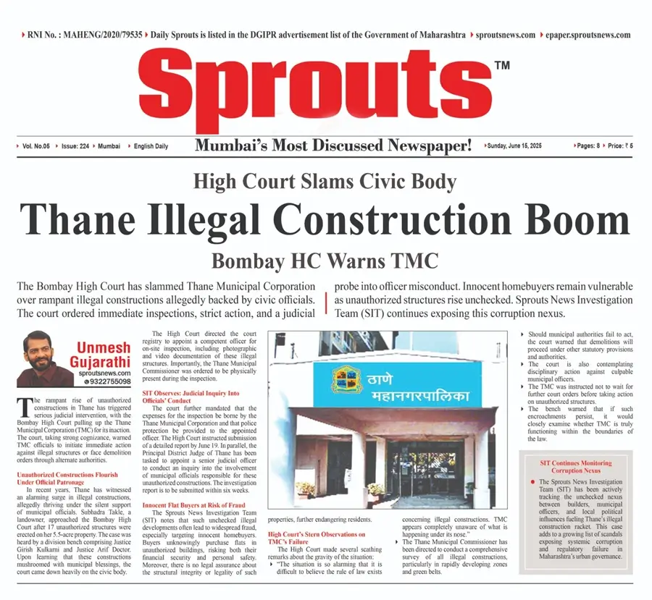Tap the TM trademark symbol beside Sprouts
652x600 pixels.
[x=501, y=66]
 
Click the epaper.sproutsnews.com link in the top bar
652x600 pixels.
[x=585, y=35]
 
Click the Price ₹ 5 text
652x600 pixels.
[x=620, y=145]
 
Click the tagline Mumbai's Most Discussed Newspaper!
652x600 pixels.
[x=333, y=145]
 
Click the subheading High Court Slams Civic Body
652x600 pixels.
[x=325, y=181]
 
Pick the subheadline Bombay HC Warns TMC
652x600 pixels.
[x=325, y=261]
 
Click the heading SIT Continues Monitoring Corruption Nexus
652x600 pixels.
[x=576, y=466]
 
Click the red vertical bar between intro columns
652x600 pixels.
[x=328, y=300]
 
